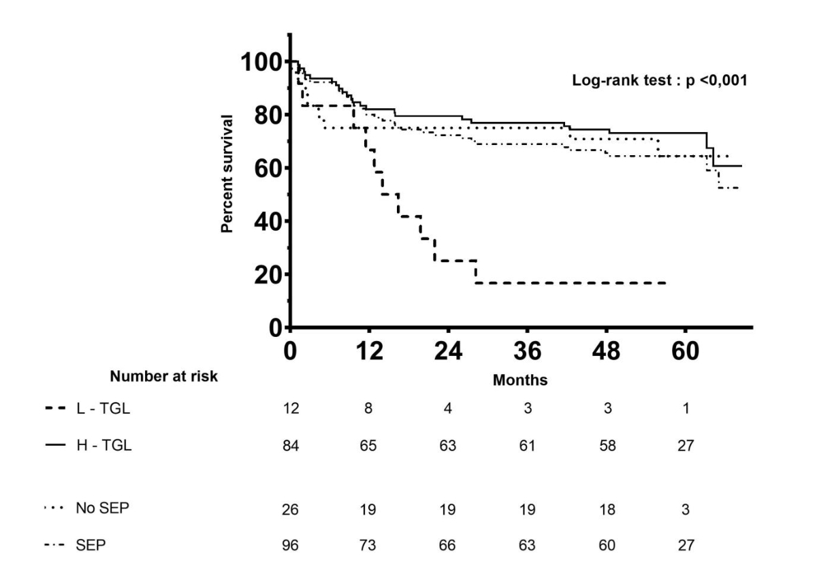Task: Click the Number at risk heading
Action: pyautogui.click(x=165, y=376)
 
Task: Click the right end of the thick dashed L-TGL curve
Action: pyautogui.click(x=664, y=282)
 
